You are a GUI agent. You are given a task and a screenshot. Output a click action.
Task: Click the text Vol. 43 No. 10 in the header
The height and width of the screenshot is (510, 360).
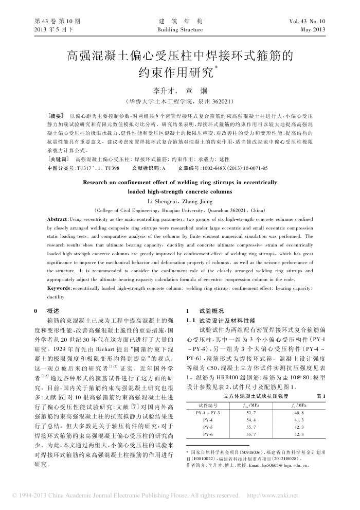(308, 22)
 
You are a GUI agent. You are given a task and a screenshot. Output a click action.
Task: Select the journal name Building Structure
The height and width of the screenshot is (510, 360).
(179, 30)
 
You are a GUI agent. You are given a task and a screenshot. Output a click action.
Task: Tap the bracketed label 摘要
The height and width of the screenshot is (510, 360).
(55, 116)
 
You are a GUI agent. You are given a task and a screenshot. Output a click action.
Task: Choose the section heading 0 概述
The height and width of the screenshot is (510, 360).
(45, 311)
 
